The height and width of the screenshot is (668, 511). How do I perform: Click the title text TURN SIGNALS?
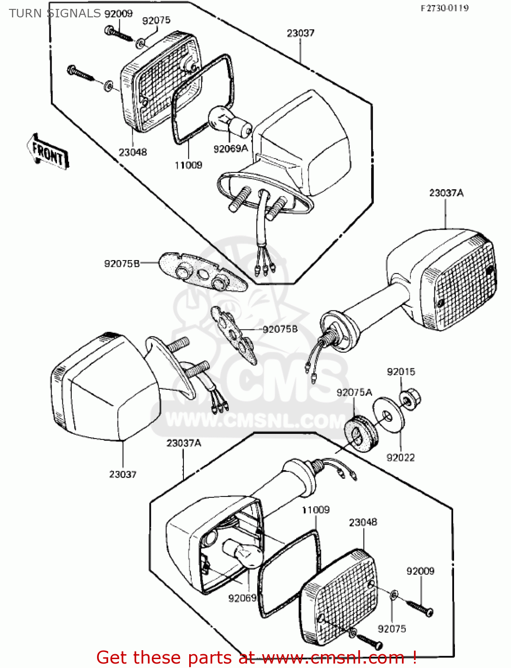coord(55,13)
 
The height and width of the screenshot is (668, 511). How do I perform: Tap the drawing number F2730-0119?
coord(444,8)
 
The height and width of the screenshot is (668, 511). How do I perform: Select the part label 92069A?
coord(230,149)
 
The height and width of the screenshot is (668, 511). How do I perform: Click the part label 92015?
coord(401,372)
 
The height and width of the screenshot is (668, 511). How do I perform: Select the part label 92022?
coord(401,457)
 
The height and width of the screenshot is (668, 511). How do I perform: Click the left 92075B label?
coord(122,264)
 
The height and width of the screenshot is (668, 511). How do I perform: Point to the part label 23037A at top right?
coord(446,193)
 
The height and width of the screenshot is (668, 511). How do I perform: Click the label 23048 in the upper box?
coord(133,152)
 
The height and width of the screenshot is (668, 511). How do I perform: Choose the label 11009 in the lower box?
coord(316,510)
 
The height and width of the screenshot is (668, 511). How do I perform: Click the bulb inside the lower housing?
coord(243,552)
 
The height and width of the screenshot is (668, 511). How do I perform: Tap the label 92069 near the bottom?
coord(242,598)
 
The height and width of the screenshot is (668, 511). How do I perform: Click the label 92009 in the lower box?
coord(420,571)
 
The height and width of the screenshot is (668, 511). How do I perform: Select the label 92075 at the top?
coord(156,20)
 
